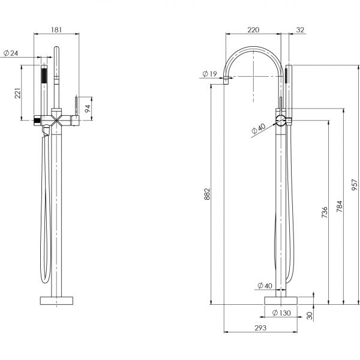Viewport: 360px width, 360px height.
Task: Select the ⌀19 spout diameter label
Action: tap(209, 74)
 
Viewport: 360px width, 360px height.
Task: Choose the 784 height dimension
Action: tap(339, 207)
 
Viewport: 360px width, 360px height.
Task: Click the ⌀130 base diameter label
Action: tap(281, 313)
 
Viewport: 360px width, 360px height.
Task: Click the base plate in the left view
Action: tap(55, 300)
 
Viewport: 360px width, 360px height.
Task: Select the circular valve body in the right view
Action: tap(280, 119)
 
